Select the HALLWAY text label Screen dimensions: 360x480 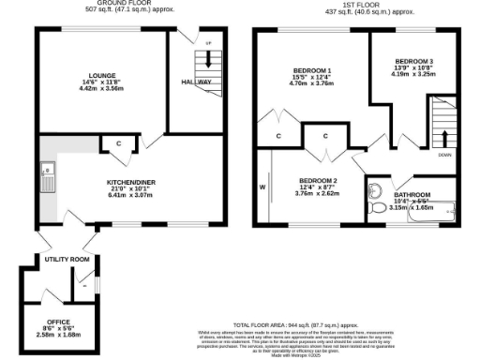tap(197, 83)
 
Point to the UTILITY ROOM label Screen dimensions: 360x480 tap(67, 259)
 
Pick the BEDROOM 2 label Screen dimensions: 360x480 tap(318, 180)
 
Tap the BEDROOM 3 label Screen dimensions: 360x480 tap(412, 62)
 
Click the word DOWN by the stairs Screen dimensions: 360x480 tap(445, 156)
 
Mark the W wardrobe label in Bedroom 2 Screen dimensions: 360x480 tap(262, 186)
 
